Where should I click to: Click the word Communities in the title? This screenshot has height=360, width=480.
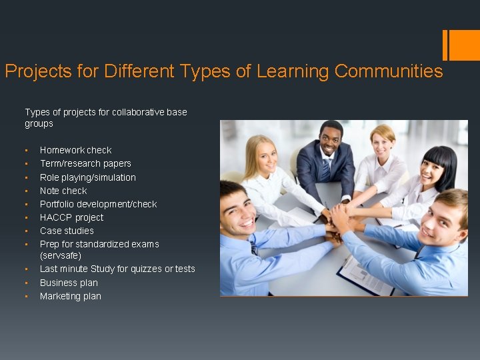pyautogui.click(x=389, y=71)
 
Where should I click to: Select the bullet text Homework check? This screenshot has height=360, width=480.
pyautogui.click(x=75, y=150)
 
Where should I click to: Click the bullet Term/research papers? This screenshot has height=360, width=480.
pyautogui.click(x=85, y=163)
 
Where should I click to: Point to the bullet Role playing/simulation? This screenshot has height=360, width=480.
pyautogui.click(x=87, y=177)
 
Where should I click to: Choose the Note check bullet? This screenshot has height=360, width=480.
pyautogui.click(x=63, y=191)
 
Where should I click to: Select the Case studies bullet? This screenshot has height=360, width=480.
pyautogui.click(x=67, y=231)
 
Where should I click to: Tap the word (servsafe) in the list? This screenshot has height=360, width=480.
pyautogui.click(x=61, y=255)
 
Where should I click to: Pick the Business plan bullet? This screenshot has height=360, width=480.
pyautogui.click(x=69, y=283)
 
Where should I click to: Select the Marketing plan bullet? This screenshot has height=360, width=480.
pyautogui.click(x=71, y=296)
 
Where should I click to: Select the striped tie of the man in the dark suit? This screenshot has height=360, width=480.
pyautogui.click(x=326, y=170)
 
